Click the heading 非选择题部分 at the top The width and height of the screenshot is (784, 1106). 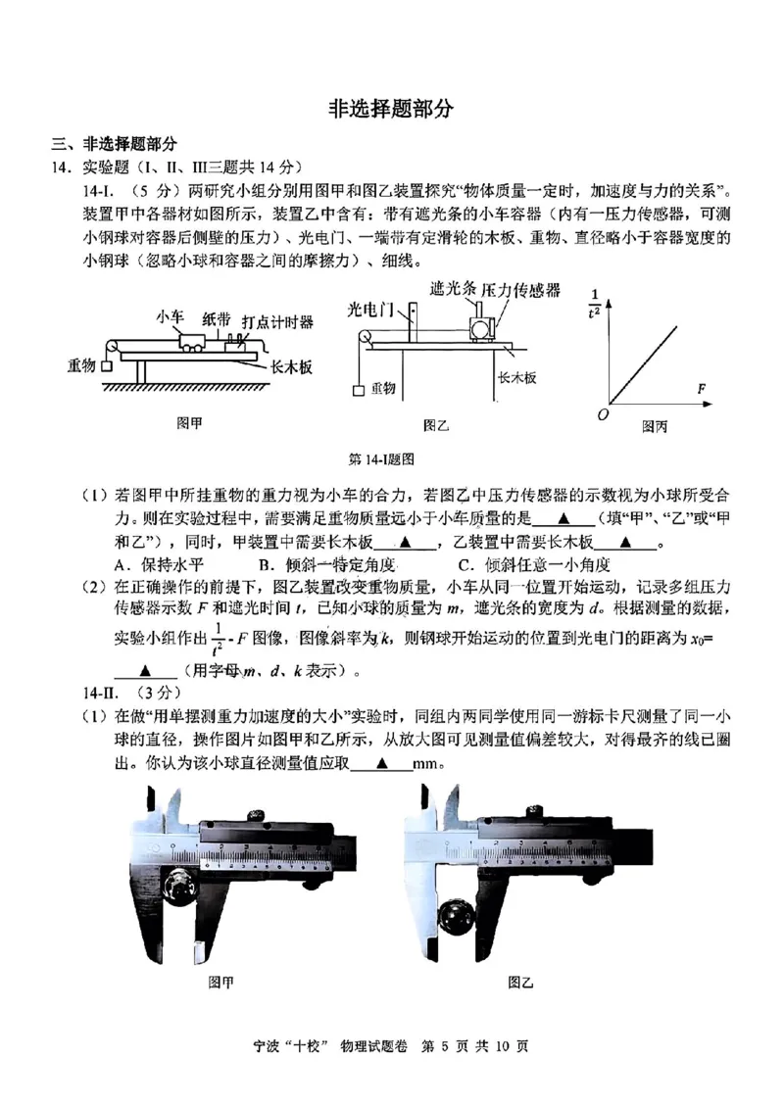(x=391, y=109)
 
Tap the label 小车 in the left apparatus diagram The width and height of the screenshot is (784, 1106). (x=170, y=316)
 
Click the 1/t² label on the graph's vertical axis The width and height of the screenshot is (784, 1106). (x=594, y=304)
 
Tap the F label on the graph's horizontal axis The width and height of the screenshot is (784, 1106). (x=702, y=389)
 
